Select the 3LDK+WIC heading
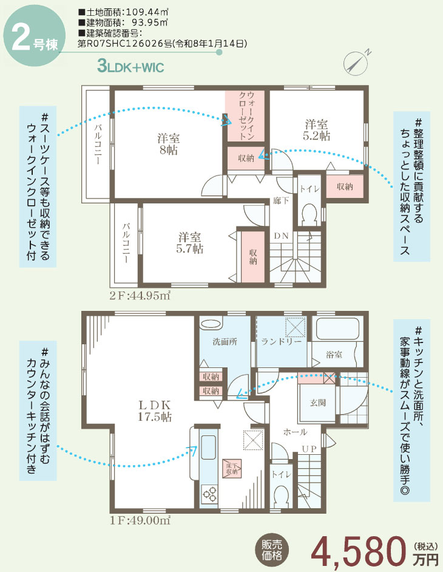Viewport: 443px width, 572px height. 130,67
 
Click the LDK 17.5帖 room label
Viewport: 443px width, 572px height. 155,410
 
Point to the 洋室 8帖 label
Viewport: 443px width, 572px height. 169,144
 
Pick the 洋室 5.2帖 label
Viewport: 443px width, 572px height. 317,130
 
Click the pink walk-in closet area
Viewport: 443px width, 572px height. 246,115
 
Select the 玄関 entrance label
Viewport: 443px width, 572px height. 318,403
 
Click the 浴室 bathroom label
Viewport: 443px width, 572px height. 334,354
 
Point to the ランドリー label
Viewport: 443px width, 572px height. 281,341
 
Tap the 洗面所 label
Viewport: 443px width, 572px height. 225,341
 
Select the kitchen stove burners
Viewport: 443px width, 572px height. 209,494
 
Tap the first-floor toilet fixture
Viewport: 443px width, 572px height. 281,497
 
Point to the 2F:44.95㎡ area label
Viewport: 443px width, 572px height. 140,296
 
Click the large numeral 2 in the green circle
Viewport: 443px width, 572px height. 21,39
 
